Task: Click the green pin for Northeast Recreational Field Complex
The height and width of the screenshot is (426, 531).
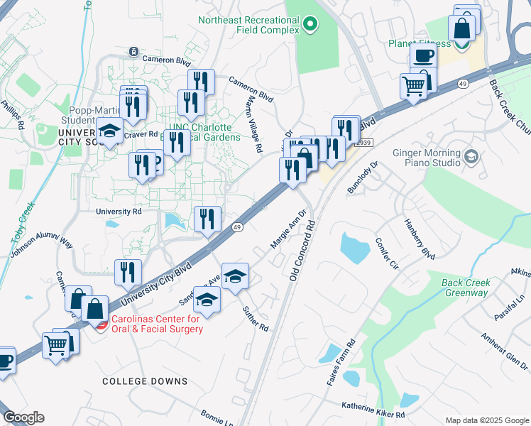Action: click(x=310, y=26)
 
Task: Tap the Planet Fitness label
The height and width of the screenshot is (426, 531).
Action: click(x=419, y=44)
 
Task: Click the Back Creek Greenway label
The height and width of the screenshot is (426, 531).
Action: click(x=466, y=288)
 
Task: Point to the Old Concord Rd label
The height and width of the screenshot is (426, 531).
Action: click(x=302, y=249)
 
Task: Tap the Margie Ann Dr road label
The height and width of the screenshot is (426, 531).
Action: click(x=288, y=228)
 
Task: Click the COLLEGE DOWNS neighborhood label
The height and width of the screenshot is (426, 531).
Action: click(x=145, y=381)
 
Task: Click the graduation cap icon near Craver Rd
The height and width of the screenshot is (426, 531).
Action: click(x=109, y=131)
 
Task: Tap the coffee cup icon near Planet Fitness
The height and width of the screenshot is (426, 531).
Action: click(x=425, y=55)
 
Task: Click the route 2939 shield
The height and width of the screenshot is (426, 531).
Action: click(x=363, y=143)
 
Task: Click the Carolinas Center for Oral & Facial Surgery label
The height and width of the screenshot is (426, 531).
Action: click(x=156, y=324)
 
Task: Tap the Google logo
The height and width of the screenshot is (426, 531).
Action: click(x=23, y=417)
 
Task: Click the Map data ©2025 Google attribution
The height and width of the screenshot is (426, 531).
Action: click(x=486, y=420)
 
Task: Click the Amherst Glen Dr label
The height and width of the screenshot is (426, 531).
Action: click(x=505, y=346)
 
